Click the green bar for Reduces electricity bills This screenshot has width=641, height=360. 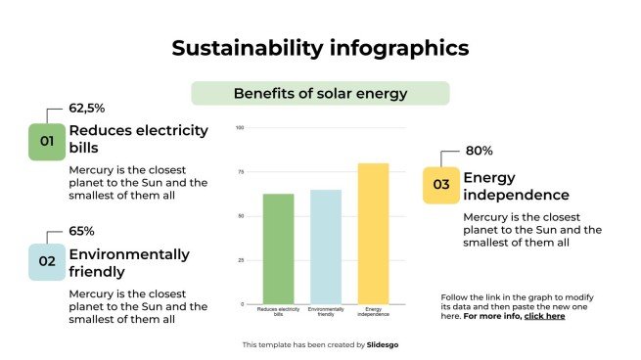pyautogui.click(x=278, y=248)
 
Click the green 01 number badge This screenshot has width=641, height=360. pyautogui.click(x=46, y=142)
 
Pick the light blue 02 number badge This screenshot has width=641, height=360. pyautogui.click(x=46, y=262)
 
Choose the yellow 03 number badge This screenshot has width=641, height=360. pyautogui.click(x=441, y=185)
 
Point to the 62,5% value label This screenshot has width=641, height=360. pyautogui.click(x=86, y=109)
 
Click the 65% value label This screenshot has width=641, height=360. pyautogui.click(x=81, y=231)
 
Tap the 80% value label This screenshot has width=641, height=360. pyautogui.click(x=479, y=151)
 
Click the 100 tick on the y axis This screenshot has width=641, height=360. pyautogui.click(x=240, y=127)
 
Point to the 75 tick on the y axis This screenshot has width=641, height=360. pyautogui.click(x=241, y=171)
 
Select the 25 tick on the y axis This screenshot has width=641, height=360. pyautogui.click(x=241, y=260)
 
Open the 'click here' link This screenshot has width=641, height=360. pyautogui.click(x=544, y=316)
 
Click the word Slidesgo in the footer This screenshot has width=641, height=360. pyautogui.click(x=384, y=344)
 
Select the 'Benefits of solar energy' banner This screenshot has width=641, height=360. pyautogui.click(x=320, y=94)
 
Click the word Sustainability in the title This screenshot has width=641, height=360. pyautogui.click(x=238, y=47)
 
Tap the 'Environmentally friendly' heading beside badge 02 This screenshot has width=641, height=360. pyautogui.click(x=128, y=263)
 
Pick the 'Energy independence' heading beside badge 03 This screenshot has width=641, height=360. pyautogui.click(x=516, y=186)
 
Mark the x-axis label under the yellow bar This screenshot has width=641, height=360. pyautogui.click(x=373, y=312)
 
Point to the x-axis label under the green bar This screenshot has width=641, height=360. pyautogui.click(x=278, y=312)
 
